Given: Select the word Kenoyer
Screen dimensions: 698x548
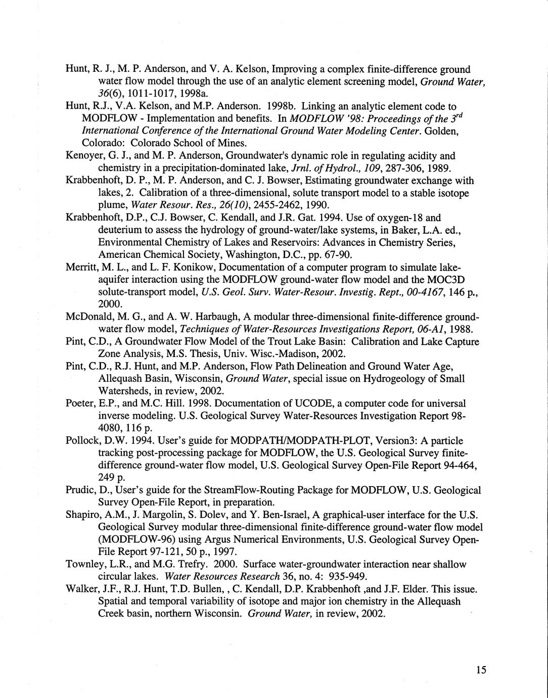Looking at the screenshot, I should [x=83, y=156].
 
